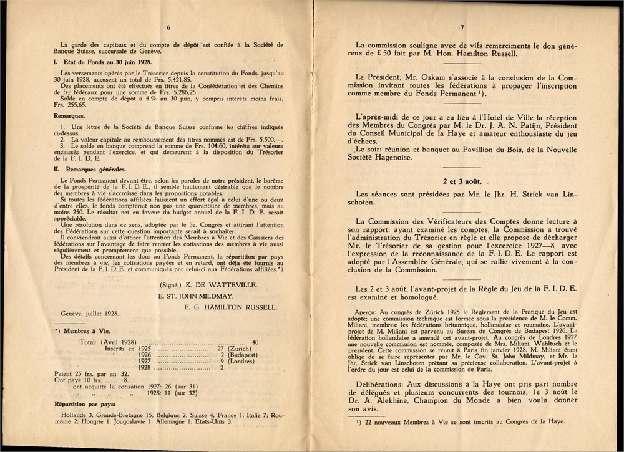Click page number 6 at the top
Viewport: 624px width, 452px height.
[168, 27]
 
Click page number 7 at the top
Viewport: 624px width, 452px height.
[462, 27]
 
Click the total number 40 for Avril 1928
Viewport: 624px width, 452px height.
[255, 342]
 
